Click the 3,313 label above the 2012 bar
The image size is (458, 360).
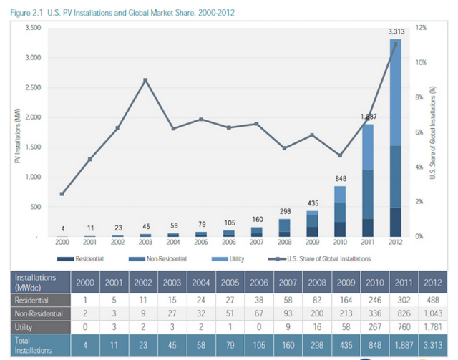[x=395, y=31]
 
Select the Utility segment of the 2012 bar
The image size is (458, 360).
[x=395, y=93]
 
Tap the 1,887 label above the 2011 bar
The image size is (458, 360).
[x=369, y=117]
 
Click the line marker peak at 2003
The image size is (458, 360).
[x=145, y=80]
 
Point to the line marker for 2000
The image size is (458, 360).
[x=62, y=194]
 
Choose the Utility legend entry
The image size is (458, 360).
[x=230, y=257]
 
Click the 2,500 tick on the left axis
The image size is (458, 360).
[x=32, y=87]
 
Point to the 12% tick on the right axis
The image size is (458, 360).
[x=420, y=27]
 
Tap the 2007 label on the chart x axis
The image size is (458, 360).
[x=257, y=243]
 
